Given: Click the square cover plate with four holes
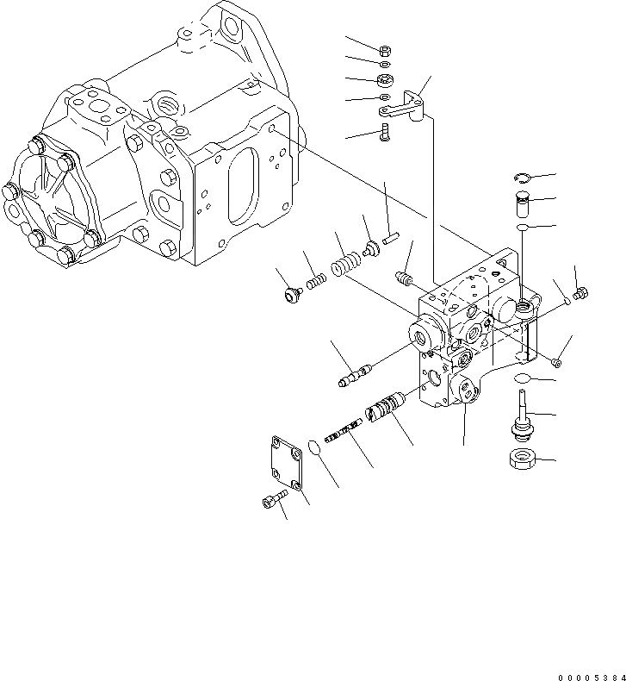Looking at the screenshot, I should [x=285, y=465].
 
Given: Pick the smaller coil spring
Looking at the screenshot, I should [x=316, y=282].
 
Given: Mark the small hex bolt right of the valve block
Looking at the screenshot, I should [x=580, y=296].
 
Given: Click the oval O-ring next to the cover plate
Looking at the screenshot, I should [x=315, y=448].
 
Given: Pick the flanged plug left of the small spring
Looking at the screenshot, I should [x=290, y=296].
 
